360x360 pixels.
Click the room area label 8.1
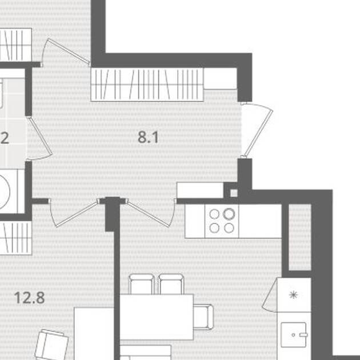(148, 137)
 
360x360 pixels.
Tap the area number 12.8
(29, 298)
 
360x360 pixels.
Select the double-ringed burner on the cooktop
(229, 214)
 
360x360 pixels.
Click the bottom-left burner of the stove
(214, 228)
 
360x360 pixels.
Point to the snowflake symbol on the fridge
(293, 295)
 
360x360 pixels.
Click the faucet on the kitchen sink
(303, 335)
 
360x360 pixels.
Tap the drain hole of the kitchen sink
(293, 335)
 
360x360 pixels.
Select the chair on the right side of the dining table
(203, 317)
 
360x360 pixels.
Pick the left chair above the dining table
(142, 284)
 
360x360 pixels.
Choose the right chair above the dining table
(171, 284)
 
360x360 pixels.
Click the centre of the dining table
(157, 317)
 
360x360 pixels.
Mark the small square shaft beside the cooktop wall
(234, 193)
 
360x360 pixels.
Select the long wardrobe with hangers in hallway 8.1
(147, 85)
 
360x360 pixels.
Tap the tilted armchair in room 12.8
(51, 345)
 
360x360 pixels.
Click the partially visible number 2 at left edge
(5, 138)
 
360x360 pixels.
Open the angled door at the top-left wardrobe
(66, 51)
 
